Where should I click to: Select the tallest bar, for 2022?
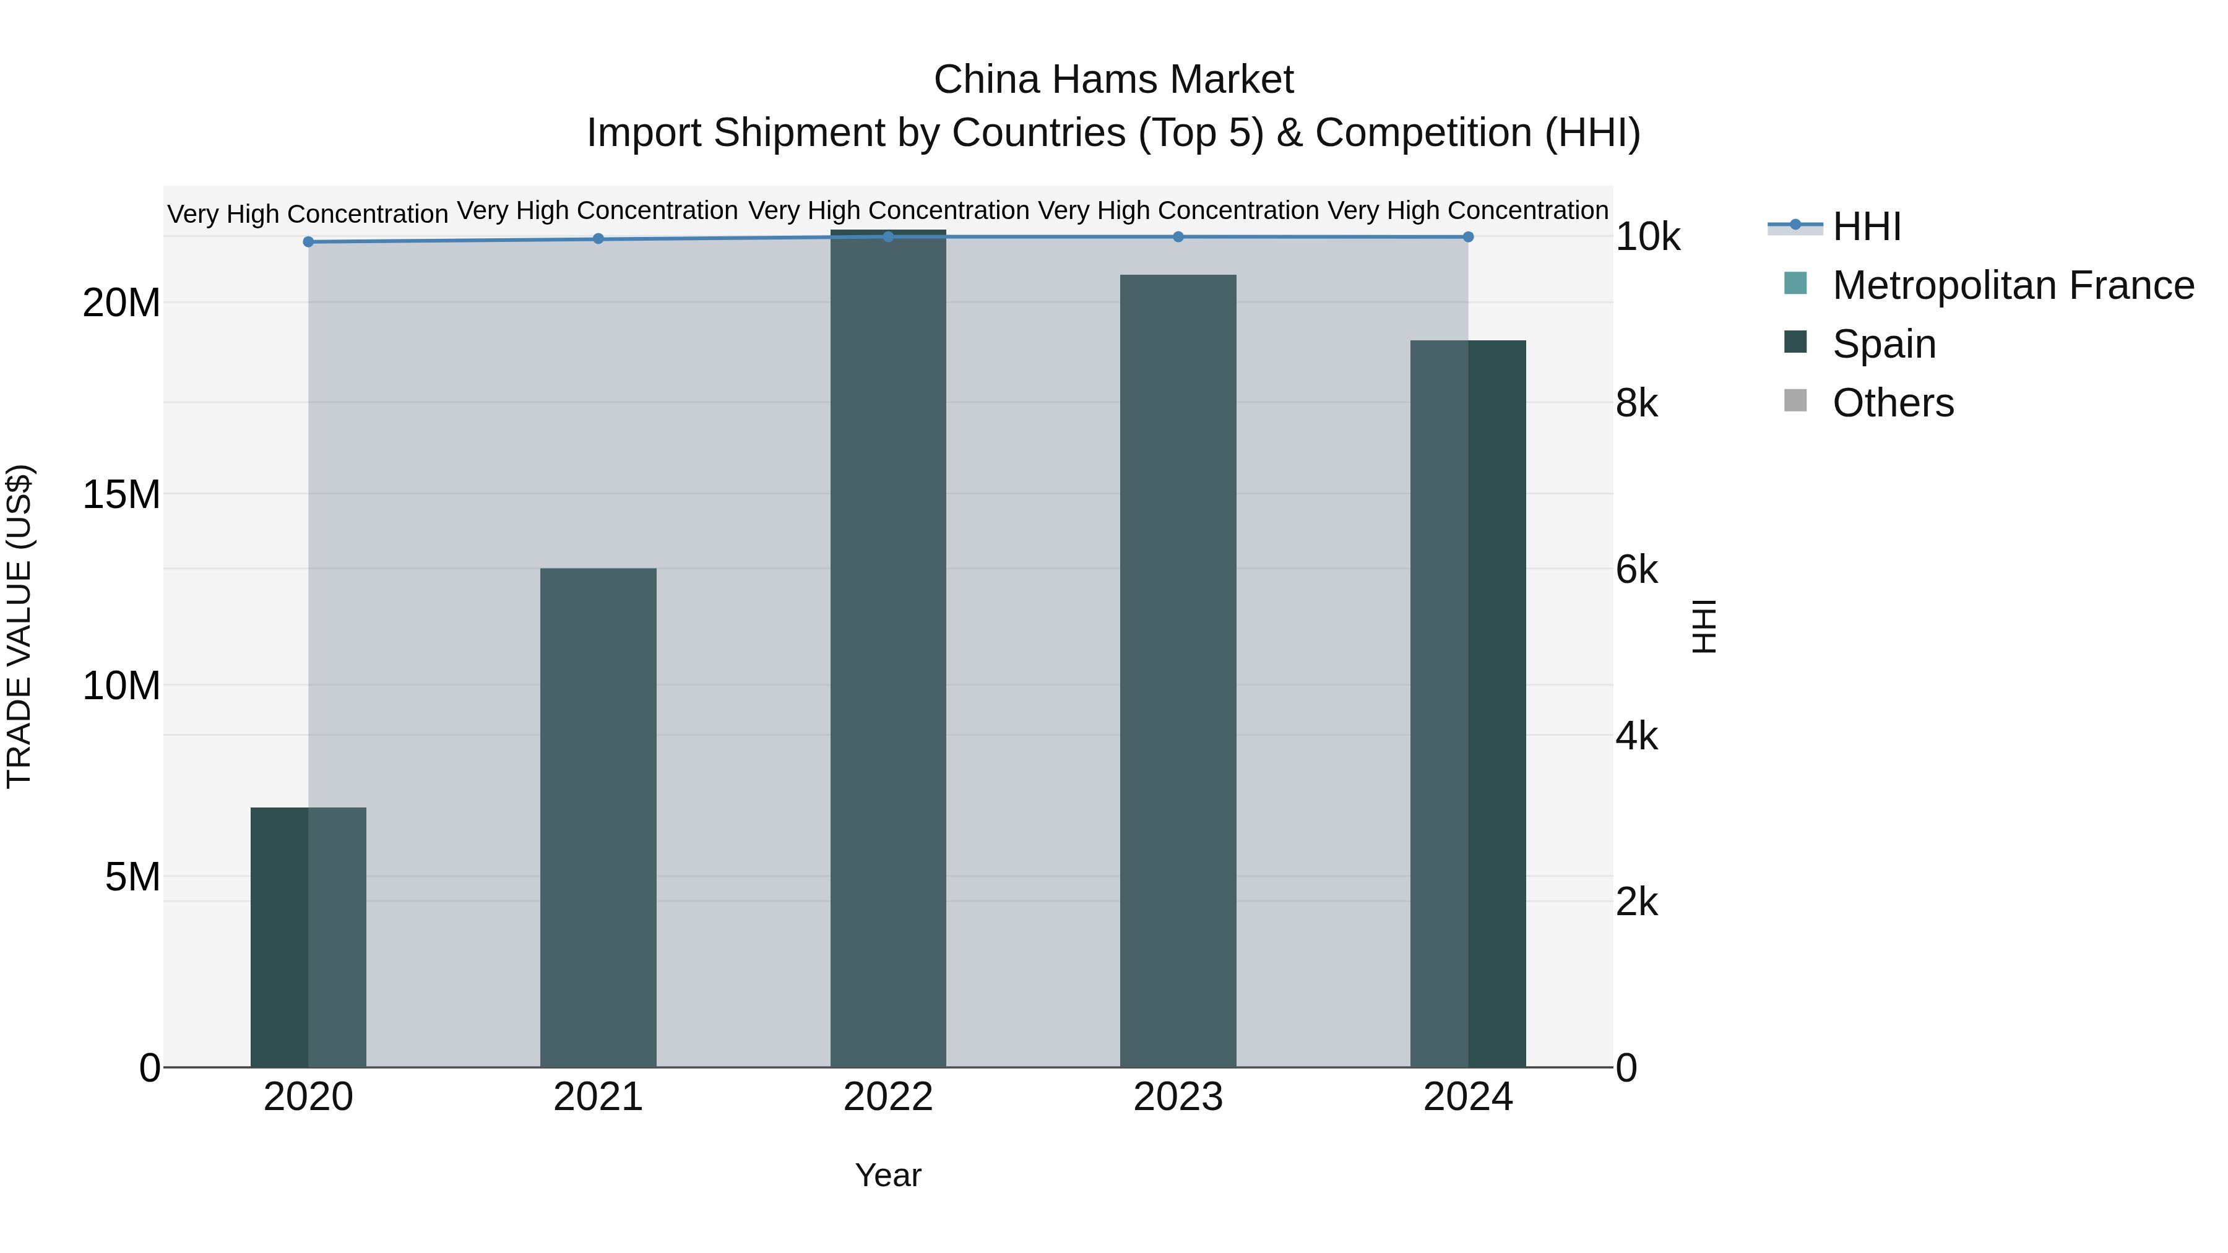[x=887, y=648]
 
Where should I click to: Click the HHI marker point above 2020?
[x=308, y=241]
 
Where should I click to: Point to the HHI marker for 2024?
[x=1468, y=236]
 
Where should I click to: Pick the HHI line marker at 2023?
[x=1177, y=236]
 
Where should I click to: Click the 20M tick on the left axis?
[x=121, y=303]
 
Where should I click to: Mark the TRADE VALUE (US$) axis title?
[x=19, y=626]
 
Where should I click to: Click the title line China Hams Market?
[x=1113, y=80]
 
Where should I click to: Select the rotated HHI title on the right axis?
[x=1703, y=626]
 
